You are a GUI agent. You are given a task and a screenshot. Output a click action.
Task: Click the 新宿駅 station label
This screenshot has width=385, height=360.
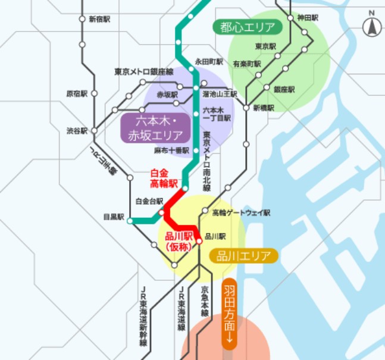pos(99,19)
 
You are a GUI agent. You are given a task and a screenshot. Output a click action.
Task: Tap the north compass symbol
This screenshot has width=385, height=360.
pos(372,26)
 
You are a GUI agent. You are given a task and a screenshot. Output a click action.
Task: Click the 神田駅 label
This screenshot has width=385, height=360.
pos(308,18)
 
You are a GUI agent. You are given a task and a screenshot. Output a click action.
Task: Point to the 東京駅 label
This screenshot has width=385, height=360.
pos(265,46)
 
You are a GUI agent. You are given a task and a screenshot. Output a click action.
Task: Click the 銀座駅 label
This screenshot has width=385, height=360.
pos(284,89)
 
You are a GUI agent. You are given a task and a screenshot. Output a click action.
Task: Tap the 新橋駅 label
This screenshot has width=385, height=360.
pos(264,108)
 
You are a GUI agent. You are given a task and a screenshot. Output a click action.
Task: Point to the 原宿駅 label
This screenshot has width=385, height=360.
pos(77,93)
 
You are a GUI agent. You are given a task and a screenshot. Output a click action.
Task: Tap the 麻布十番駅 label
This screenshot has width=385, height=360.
pos(171,151)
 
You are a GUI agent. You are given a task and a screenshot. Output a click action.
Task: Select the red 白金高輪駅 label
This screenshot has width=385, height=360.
pos(164,177)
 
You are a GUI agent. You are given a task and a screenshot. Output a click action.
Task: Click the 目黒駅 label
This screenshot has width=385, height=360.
pos(113,218)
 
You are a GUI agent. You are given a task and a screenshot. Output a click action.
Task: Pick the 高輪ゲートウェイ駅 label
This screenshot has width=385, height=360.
pos(240,212)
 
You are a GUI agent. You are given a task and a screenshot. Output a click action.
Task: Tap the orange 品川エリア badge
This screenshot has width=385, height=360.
pos(243,256)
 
